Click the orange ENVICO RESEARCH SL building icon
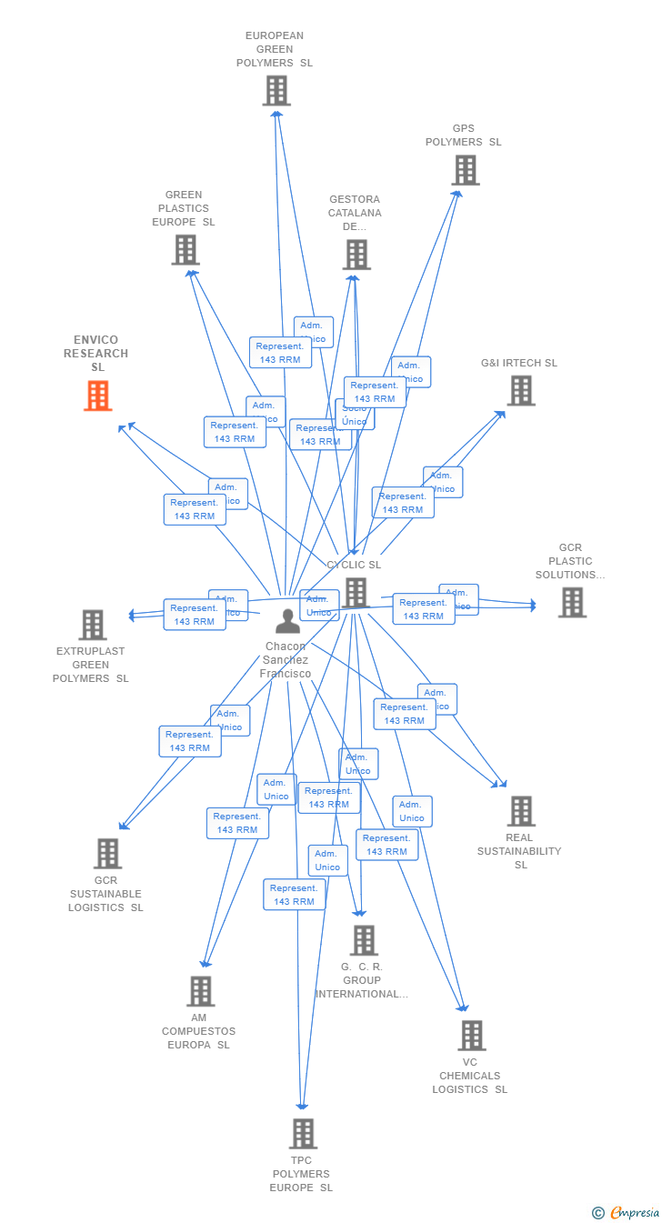pyautogui.click(x=98, y=396)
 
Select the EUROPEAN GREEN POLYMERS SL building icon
pyautogui.click(x=276, y=90)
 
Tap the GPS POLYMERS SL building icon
pyautogui.click(x=465, y=170)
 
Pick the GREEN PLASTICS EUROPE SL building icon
pyautogui.click(x=186, y=249)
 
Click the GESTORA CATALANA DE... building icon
pyautogui.click(x=356, y=255)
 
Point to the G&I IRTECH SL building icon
pyautogui.click(x=520, y=390)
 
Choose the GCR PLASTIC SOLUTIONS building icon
pyautogui.click(x=572, y=602)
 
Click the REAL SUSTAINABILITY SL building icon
pyautogui.click(x=520, y=810)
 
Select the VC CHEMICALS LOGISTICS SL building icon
pyautogui.click(x=471, y=1035)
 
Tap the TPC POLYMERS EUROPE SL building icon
pyautogui.click(x=303, y=1133)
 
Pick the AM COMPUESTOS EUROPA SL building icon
pyautogui.click(x=200, y=990)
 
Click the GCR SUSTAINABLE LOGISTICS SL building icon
pyautogui.click(x=107, y=853)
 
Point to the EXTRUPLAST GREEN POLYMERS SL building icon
pyautogui.click(x=92, y=625)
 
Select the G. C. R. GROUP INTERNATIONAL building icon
pyautogui.click(x=363, y=939)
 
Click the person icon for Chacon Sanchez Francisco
pyautogui.click(x=287, y=621)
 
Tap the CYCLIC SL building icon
pyautogui.click(x=356, y=593)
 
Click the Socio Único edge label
pyautogui.click(x=356, y=416)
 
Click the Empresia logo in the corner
pyautogui.click(x=627, y=1211)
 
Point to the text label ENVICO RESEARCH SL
pyautogui.click(x=96, y=354)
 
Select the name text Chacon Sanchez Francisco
pyautogui.click(x=286, y=660)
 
